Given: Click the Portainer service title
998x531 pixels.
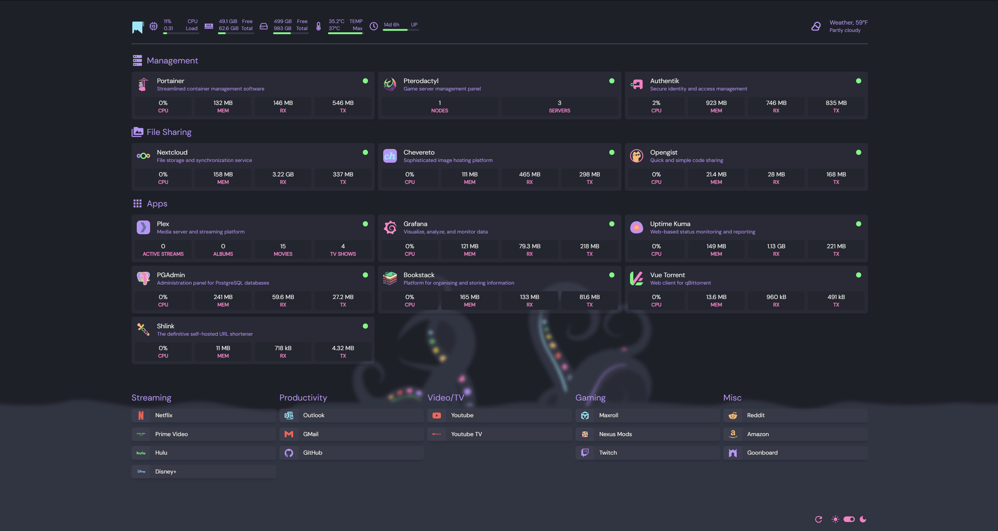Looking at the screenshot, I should [x=170, y=81].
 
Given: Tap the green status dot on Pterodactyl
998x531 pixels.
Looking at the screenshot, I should [x=612, y=81].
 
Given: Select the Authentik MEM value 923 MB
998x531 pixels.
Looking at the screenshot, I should [x=716, y=103].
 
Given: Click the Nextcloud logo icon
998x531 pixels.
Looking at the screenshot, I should [x=143, y=156].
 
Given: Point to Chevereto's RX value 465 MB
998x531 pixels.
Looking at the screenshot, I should [x=529, y=175].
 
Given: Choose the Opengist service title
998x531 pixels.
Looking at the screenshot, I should [x=663, y=153].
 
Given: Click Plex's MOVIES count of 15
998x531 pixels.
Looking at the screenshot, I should [x=283, y=246].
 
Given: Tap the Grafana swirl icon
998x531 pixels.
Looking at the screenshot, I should [x=390, y=228].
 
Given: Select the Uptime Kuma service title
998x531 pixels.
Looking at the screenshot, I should [x=670, y=224].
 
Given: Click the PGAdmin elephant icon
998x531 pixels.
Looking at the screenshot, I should [x=143, y=278].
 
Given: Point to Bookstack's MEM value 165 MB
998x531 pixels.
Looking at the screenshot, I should [x=469, y=297].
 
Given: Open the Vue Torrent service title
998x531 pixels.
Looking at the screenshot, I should [x=667, y=275].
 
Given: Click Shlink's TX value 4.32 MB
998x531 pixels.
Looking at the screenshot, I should [x=343, y=348].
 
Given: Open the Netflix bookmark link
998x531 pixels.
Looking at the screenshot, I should [x=164, y=416].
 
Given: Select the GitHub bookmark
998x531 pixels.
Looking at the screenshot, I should [x=312, y=453].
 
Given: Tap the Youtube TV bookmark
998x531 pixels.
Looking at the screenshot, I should [x=466, y=434].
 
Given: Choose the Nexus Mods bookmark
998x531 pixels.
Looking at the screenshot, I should [x=615, y=434].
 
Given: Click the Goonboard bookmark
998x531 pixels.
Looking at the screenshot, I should [x=762, y=453].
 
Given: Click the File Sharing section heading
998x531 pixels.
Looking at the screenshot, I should [x=169, y=132].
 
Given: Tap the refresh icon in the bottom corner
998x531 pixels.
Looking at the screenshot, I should [x=819, y=520].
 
